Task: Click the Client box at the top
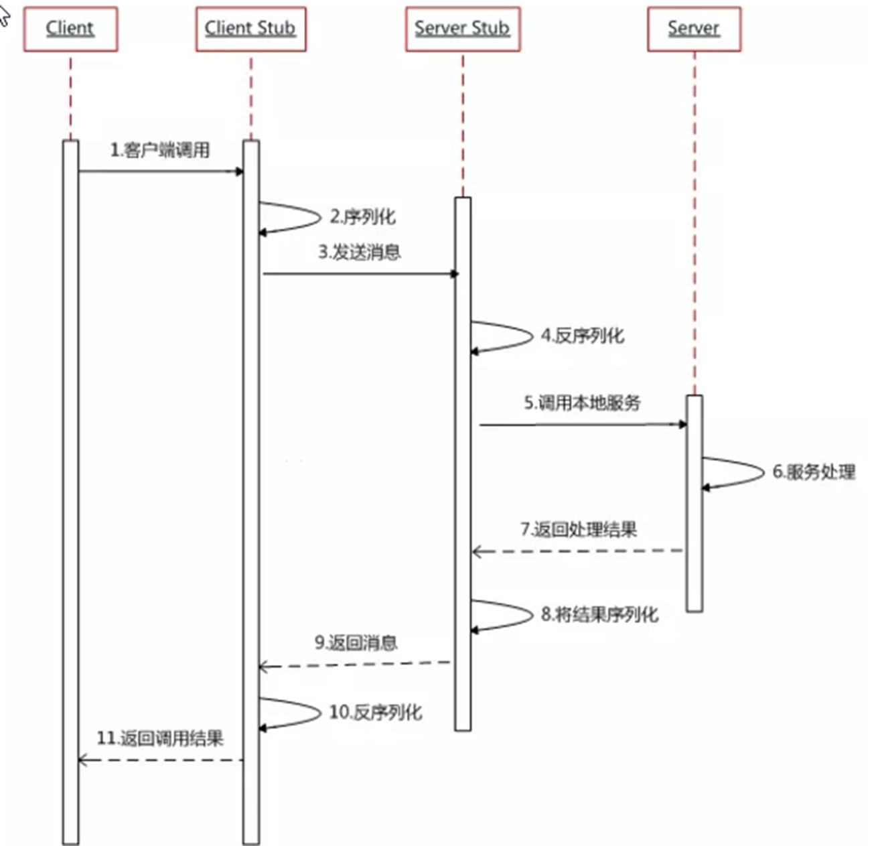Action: pos(70,29)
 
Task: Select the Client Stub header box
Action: pos(250,29)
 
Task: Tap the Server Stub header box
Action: pos(462,29)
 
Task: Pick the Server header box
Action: pos(694,29)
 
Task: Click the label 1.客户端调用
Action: pos(160,150)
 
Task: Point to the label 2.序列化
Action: pos(362,217)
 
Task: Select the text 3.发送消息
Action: pos(360,253)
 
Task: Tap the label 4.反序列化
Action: pos(582,336)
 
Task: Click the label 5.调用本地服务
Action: pos(582,403)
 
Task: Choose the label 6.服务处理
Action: pos(814,472)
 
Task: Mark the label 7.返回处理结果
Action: pos(579,530)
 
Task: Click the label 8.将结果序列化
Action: pos(599,614)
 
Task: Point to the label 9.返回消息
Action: pos(356,643)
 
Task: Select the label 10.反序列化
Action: pos(375,712)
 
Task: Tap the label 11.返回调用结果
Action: pos(160,739)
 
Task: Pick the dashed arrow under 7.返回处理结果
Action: pos(577,551)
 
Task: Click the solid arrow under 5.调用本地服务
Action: pos(583,425)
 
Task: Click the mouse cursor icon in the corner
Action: pos(4,17)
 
